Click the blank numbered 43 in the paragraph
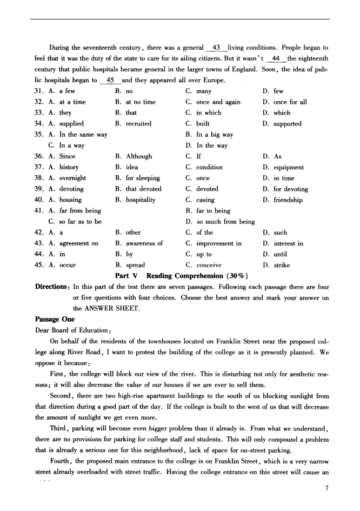click(217, 48)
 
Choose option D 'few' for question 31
click(278, 91)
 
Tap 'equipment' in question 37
click(288, 167)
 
